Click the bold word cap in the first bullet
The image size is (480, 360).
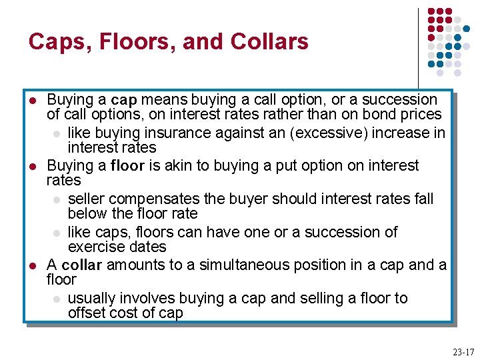point(124,100)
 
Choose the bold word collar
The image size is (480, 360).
point(81,265)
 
